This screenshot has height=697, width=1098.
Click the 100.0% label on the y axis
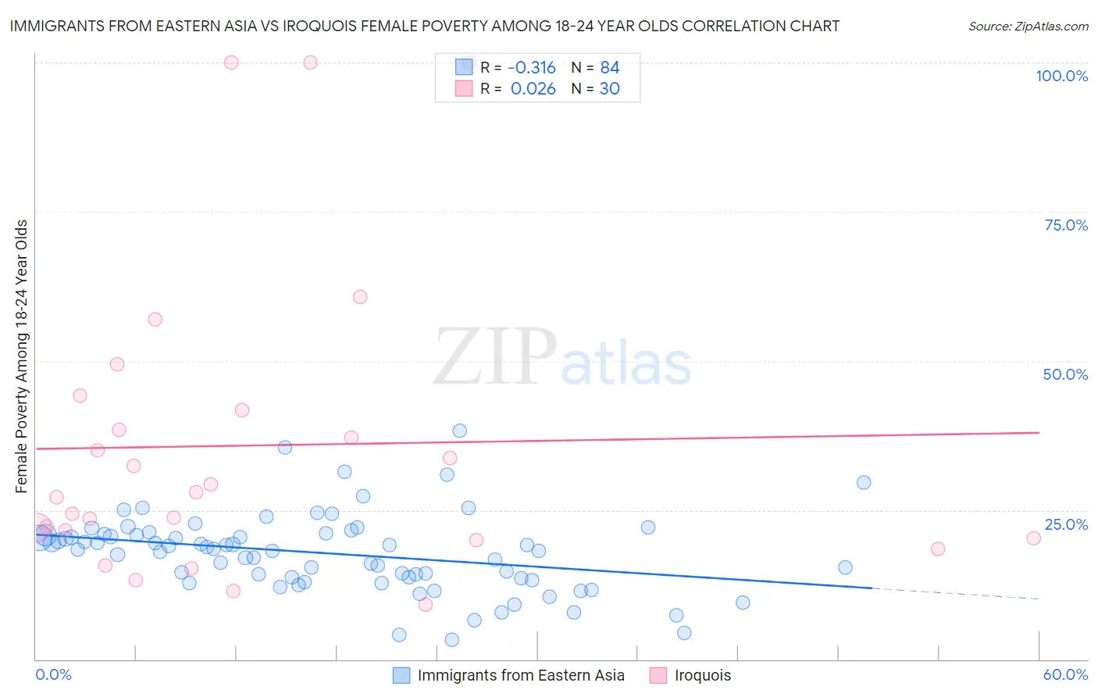point(1061,76)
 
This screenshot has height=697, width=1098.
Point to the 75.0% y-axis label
point(1066,225)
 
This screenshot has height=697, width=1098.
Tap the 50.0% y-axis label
point(1065,374)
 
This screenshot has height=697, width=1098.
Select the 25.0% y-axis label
point(1066,524)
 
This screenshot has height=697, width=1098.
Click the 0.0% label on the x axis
point(53,674)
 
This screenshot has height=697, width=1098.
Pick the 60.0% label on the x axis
point(1065,674)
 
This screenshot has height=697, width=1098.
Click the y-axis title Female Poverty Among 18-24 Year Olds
point(22,356)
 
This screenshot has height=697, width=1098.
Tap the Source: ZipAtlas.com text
point(1028,26)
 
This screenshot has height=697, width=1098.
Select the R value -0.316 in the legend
point(532,67)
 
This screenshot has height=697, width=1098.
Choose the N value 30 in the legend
point(609,89)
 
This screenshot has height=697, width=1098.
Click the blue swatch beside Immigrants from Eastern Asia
point(401,675)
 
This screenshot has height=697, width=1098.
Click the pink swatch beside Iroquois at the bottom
point(658,675)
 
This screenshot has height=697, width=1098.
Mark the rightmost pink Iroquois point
point(1033,538)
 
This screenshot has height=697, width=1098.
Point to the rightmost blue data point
point(864,482)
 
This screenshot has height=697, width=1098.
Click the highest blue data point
point(460,431)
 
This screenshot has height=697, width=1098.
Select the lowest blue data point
point(451,640)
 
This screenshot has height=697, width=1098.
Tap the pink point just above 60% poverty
point(360,297)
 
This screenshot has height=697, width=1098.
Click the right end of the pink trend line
point(1039,432)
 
